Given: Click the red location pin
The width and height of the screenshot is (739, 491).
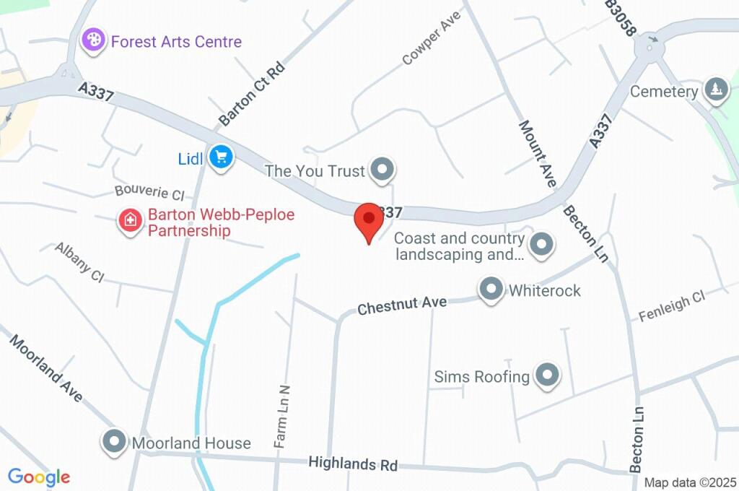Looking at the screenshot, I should pyautogui.click(x=369, y=219).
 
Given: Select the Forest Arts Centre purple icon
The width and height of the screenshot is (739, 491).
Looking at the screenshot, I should pyautogui.click(x=93, y=40).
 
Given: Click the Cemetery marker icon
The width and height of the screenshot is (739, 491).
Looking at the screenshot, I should pyautogui.click(x=716, y=90).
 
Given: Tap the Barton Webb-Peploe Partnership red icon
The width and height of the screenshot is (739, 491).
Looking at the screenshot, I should pyautogui.click(x=131, y=221).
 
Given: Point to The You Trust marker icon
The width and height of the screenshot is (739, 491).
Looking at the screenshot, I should pyautogui.click(x=382, y=170).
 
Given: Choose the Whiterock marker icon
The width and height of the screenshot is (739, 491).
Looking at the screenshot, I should pyautogui.click(x=491, y=290).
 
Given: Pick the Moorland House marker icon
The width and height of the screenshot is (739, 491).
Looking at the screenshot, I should pyautogui.click(x=114, y=443).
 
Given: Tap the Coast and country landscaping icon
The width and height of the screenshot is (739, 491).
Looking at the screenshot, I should pyautogui.click(x=541, y=245).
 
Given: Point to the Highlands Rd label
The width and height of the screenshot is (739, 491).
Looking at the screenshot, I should pyautogui.click(x=353, y=464).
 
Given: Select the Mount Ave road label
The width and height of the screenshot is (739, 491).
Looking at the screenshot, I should pyautogui.click(x=537, y=154).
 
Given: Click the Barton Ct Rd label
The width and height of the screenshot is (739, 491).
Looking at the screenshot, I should pyautogui.click(x=253, y=95).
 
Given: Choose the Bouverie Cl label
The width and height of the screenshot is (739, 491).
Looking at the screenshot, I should pyautogui.click(x=150, y=192).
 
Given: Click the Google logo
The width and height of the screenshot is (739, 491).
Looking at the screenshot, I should pyautogui.click(x=39, y=477).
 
